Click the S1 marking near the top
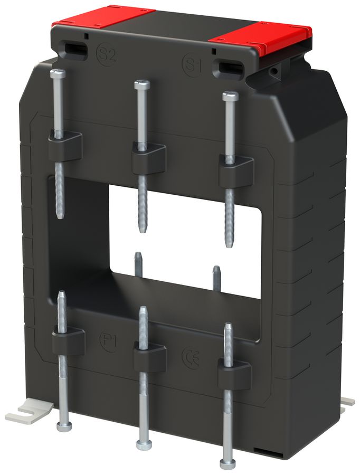[193, 64]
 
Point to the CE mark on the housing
[191, 357]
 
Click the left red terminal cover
[102, 17]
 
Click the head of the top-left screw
[58, 74]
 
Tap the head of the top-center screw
[141, 84]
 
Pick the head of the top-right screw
[230, 96]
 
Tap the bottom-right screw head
[228, 464]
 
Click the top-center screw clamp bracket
[148, 157]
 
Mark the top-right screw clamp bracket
[236, 170]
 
